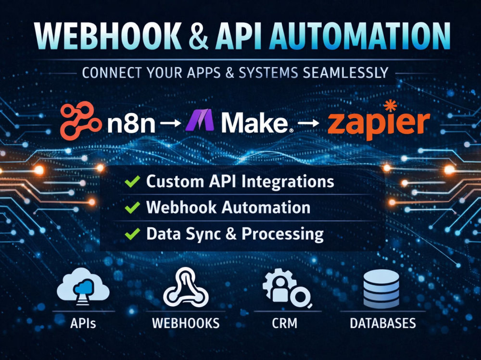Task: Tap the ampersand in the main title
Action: [x=199, y=36]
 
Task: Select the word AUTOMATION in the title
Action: [x=359, y=36]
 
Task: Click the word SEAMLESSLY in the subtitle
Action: [x=345, y=73]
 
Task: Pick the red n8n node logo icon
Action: [x=80, y=121]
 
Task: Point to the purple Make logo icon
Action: [x=200, y=120]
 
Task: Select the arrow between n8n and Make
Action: [x=171, y=123]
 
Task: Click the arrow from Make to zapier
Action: [x=308, y=123]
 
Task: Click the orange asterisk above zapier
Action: [x=390, y=106]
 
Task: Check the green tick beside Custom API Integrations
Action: [x=132, y=181]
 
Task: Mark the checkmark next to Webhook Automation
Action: [x=132, y=208]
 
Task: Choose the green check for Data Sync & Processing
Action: [x=132, y=234]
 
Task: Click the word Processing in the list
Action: [x=282, y=235]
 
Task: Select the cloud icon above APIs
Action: [x=83, y=286]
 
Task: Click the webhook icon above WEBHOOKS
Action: [x=186, y=287]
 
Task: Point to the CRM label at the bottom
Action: [x=284, y=323]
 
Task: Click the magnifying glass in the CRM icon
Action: [x=300, y=297]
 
